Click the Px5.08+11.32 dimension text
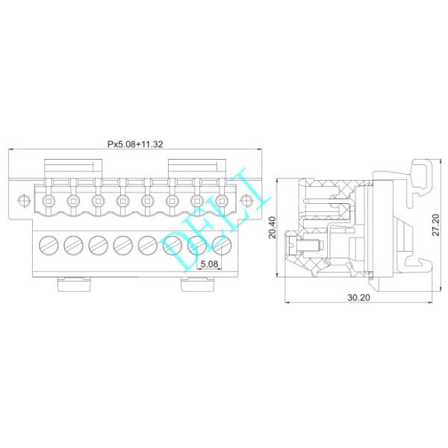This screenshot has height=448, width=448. click(136, 144)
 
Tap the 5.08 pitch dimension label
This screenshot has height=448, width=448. click(209, 264)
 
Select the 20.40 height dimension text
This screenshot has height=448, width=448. click(273, 228)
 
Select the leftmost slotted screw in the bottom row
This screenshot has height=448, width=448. click(49, 244)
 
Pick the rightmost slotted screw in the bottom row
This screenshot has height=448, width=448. click(222, 244)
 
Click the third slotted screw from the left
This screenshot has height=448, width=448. click(98, 244)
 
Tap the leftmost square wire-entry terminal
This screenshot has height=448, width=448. click(49, 200)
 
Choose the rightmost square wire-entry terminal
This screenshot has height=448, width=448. click(221, 200)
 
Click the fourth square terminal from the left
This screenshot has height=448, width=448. click(122, 200)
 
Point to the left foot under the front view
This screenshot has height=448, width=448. click(73, 284)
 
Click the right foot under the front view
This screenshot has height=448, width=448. click(196, 284)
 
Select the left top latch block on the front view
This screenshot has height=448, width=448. click(73, 168)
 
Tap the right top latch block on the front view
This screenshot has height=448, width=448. click(196, 168)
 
